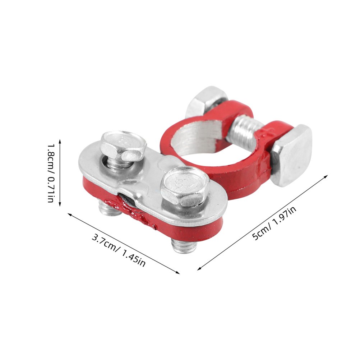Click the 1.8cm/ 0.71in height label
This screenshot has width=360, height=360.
[50, 173]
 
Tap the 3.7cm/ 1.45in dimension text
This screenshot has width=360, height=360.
[119, 250]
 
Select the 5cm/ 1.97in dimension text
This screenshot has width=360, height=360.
[274, 223]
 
